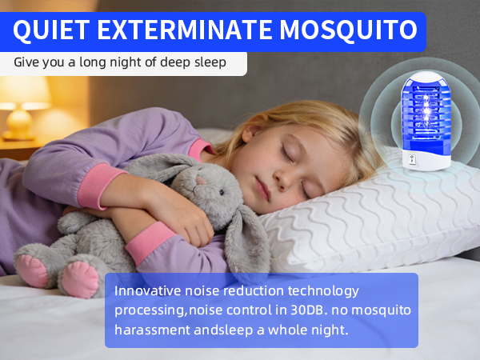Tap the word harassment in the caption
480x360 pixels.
pos(153,330)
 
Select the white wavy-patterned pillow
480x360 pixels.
pos(376,216)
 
